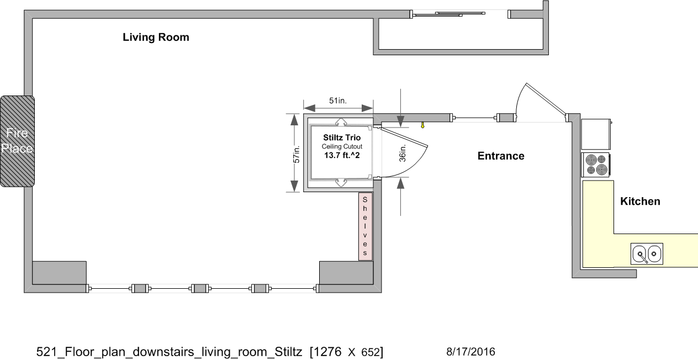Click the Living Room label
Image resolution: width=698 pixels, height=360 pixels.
click(x=156, y=38)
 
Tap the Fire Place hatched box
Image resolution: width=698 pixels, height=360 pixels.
click(x=17, y=141)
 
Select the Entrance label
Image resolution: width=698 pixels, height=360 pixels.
click(x=501, y=156)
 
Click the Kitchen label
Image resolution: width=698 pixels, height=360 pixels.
click(x=640, y=202)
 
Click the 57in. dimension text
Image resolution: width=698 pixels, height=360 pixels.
click(x=297, y=154)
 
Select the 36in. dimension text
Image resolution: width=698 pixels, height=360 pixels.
click(x=403, y=153)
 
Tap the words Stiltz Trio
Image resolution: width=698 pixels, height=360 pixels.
click(x=342, y=137)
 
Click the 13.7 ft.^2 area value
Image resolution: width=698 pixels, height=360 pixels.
click(x=342, y=155)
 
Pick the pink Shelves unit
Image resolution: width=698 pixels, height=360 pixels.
click(x=365, y=226)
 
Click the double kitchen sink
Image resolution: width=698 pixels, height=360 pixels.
click(x=647, y=254)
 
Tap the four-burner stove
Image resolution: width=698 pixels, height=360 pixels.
click(x=596, y=165)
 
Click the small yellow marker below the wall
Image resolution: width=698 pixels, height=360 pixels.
click(x=422, y=125)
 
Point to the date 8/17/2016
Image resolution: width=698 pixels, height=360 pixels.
click(x=470, y=352)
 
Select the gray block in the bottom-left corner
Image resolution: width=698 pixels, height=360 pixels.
click(x=59, y=272)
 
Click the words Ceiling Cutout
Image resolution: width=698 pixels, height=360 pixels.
click(x=342, y=146)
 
